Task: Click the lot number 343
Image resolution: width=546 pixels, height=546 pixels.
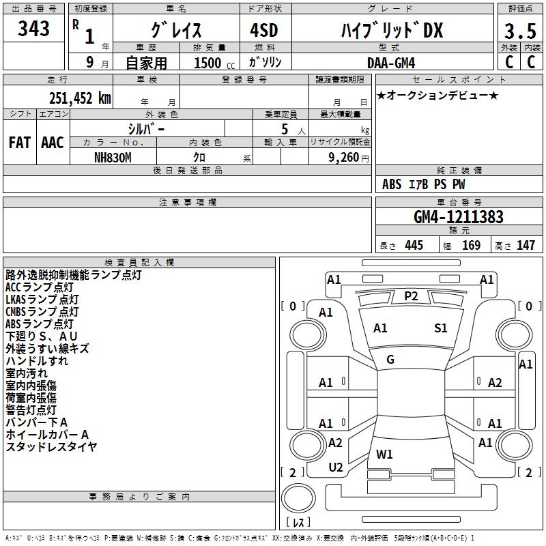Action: pyautogui.click(x=34, y=29)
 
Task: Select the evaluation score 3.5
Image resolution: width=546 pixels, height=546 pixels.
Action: pyautogui.click(x=520, y=31)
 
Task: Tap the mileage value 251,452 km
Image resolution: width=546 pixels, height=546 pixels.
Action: pyautogui.click(x=80, y=98)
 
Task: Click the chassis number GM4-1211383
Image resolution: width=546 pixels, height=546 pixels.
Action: pyautogui.click(x=459, y=218)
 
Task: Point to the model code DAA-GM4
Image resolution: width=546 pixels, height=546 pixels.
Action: pyautogui.click(x=393, y=62)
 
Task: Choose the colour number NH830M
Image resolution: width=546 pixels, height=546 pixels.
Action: pyautogui.click(x=113, y=156)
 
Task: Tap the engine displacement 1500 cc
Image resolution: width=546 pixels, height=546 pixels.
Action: pyautogui.click(x=210, y=63)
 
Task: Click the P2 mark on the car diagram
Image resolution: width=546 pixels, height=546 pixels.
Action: pyautogui.click(x=411, y=296)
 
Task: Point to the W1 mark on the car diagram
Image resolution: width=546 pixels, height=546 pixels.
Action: pyautogui.click(x=384, y=454)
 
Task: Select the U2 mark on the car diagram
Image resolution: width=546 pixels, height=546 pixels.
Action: pyautogui.click(x=336, y=468)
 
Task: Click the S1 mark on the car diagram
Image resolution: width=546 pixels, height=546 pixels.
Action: pyautogui.click(x=441, y=328)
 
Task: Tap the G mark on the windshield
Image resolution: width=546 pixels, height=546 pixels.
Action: pyautogui.click(x=390, y=360)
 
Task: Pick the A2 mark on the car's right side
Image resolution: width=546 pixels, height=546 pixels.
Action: pyautogui.click(x=495, y=383)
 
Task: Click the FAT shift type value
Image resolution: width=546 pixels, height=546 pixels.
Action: pyautogui.click(x=19, y=143)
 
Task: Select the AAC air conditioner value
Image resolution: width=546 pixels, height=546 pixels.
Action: pyautogui.click(x=53, y=143)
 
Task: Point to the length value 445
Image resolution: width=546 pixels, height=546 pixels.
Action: pyautogui.click(x=413, y=246)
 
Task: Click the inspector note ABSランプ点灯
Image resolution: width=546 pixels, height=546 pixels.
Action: pyautogui.click(x=39, y=324)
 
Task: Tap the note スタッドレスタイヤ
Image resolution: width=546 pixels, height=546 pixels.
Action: pyautogui.click(x=51, y=447)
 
